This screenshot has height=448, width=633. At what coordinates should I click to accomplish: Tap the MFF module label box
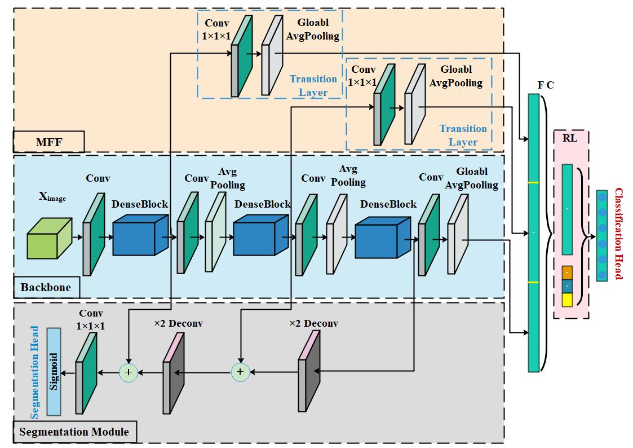48,142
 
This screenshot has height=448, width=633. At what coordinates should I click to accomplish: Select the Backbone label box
46,288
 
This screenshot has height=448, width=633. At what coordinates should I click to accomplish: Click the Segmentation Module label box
74,432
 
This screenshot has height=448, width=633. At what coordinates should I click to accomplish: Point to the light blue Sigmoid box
54,371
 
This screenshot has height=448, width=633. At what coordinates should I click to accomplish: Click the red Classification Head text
618,234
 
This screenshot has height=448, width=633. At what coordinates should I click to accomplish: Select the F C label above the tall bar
545,85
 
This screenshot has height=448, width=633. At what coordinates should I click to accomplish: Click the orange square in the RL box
567,273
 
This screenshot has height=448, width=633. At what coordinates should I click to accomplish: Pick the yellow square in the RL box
567,300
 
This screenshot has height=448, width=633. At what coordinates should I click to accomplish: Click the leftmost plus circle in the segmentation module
128,372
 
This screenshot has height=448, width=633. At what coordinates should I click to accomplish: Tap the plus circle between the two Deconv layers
240,372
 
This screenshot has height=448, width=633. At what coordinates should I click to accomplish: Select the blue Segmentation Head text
35,372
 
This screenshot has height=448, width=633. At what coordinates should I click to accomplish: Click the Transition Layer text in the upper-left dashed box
313,85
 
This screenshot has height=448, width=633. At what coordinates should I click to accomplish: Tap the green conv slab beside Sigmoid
86,373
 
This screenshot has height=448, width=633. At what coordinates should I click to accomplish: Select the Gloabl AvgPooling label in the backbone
472,178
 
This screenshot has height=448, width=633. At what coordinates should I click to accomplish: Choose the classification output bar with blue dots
602,236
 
